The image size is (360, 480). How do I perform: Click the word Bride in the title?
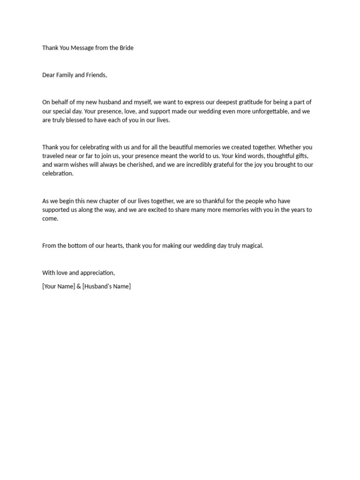pos(125,48)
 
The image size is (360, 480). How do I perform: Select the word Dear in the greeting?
pos(48,75)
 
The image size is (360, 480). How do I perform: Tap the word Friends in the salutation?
pos(96,75)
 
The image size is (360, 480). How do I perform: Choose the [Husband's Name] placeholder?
pos(106,286)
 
